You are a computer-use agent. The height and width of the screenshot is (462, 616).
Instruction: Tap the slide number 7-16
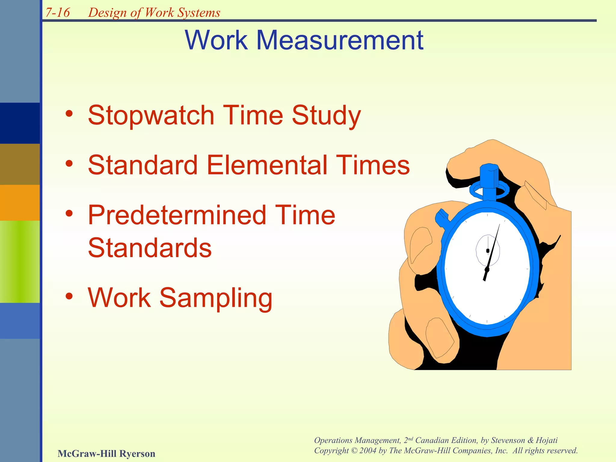[57, 13]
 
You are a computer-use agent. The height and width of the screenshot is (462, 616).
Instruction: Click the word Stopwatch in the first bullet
[151, 115]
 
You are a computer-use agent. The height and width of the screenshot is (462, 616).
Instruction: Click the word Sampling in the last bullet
[215, 297]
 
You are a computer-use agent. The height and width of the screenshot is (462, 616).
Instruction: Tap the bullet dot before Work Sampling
[69, 297]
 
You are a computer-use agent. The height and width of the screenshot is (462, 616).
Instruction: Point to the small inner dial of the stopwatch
[488, 250]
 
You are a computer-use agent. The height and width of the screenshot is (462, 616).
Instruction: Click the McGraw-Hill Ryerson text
[106, 453]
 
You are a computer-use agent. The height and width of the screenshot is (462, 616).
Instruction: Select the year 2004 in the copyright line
[368, 451]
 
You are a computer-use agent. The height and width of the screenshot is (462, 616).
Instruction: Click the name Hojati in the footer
[546, 440]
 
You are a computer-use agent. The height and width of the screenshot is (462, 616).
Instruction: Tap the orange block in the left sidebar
[20, 202]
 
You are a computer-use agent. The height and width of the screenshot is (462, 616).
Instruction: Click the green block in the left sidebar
[20, 261]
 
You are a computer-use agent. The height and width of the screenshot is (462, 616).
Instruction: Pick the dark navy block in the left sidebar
[20, 123]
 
